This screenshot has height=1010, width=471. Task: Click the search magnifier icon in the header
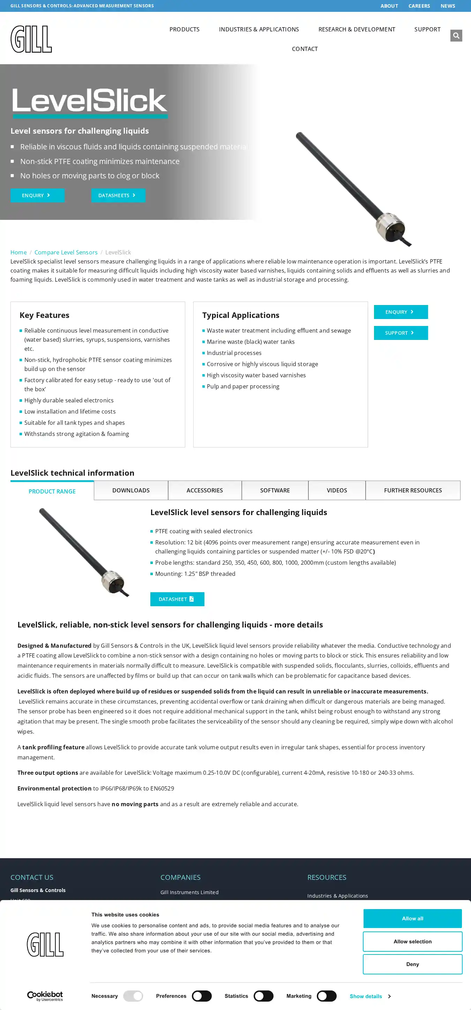(456, 36)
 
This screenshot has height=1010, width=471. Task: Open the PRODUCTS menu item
(184, 29)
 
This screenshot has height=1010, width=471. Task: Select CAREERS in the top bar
(419, 6)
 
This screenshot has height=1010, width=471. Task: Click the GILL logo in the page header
(31, 39)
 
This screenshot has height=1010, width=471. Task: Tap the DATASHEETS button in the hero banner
(118, 195)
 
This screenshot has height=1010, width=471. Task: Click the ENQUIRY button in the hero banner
(37, 195)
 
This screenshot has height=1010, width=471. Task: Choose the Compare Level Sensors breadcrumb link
(66, 252)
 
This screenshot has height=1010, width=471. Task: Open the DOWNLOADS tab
(131, 490)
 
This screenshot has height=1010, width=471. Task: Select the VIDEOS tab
(337, 490)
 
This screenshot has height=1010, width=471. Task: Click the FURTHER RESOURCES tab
(413, 490)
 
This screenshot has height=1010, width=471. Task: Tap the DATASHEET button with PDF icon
(177, 599)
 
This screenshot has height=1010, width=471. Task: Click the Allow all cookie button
(412, 918)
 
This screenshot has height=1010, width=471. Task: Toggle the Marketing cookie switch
(327, 996)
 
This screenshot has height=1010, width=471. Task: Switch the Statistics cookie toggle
(263, 996)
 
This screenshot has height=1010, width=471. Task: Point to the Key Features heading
(44, 315)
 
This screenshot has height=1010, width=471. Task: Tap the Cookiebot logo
(45, 996)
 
